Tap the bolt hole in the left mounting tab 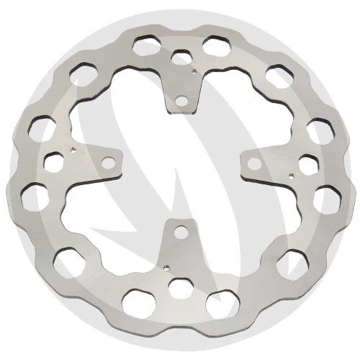[107, 163]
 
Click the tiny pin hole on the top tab [195, 72]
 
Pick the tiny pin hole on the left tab [73, 150]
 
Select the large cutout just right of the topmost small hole [214, 45]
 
